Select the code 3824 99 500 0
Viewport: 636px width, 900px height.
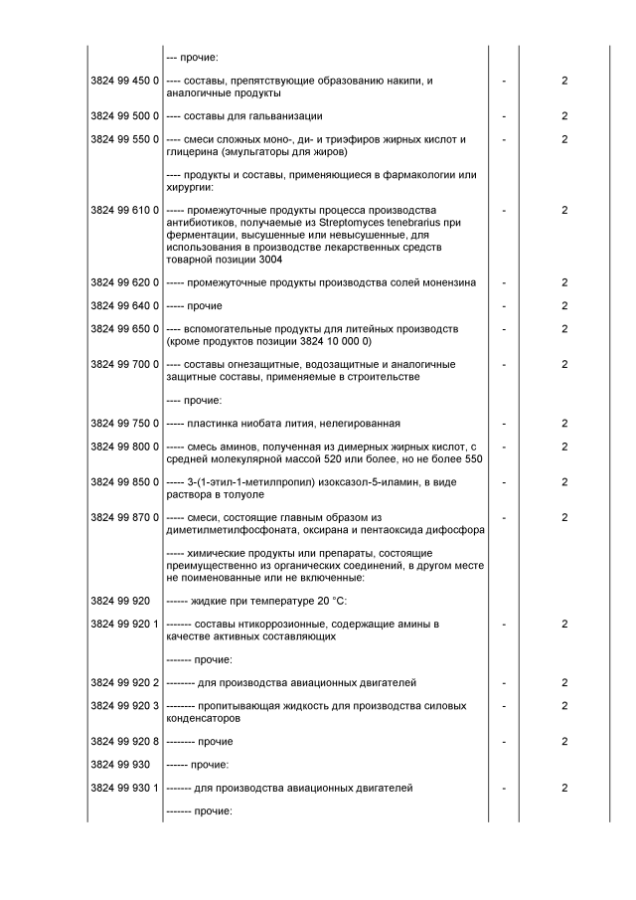[x=124, y=116]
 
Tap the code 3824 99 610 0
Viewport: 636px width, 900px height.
[x=124, y=211]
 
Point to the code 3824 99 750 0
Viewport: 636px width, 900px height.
[x=124, y=424]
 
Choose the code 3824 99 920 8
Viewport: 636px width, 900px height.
[x=124, y=742]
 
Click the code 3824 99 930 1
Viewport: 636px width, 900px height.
[x=124, y=788]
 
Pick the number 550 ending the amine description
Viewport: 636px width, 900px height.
[x=473, y=458]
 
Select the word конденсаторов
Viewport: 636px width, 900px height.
[x=203, y=718]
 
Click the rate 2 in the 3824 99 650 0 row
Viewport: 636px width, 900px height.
[x=563, y=329]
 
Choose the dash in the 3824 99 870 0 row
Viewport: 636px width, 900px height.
[x=504, y=517]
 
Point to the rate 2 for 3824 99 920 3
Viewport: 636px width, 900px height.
[x=563, y=706]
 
